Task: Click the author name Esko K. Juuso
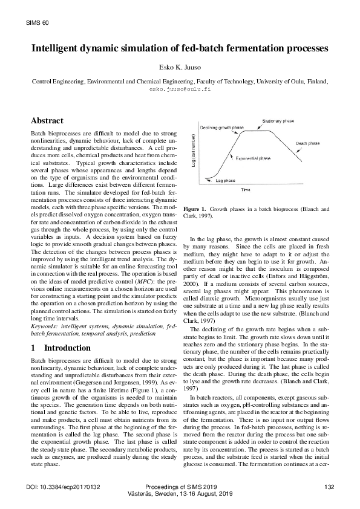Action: [x=180, y=68]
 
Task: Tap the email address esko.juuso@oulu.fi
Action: [x=180, y=88]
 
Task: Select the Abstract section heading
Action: [x=47, y=121]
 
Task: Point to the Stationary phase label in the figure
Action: [x=279, y=122]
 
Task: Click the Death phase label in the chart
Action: [x=308, y=144]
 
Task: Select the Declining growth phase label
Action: [x=223, y=128]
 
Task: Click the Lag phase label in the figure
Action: [x=225, y=180]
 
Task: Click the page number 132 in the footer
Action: [x=329, y=487]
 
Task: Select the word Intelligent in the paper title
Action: [x=62, y=48]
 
